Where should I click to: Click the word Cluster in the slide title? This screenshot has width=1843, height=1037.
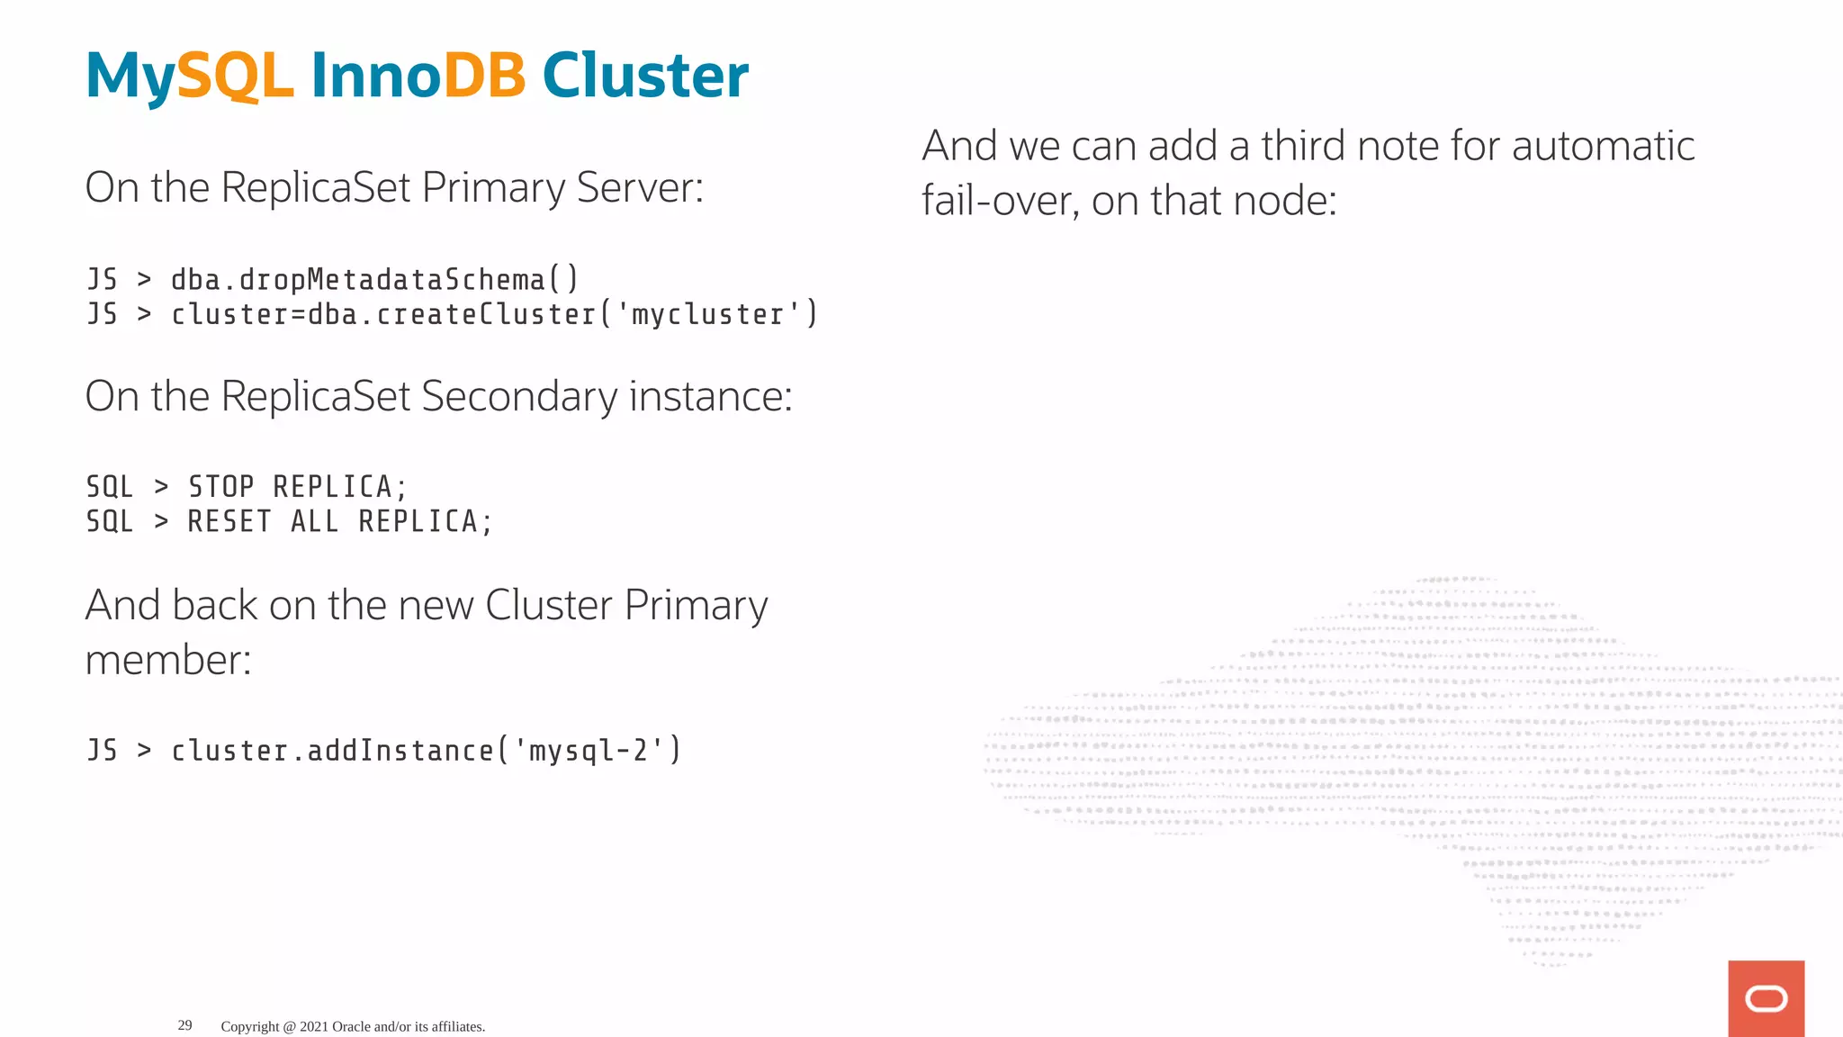tap(644, 76)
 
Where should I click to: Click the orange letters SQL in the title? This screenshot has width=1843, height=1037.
tap(235, 76)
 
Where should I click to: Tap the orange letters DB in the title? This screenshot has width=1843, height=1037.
tap(484, 76)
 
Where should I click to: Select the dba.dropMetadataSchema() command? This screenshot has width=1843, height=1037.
tap(374, 280)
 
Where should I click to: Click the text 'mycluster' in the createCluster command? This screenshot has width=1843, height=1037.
tap(707, 314)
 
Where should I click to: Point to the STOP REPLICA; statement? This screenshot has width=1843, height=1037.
tap(297, 487)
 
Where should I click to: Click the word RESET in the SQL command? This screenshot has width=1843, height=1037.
tap(229, 521)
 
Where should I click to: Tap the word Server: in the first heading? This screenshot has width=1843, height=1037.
tap(640, 188)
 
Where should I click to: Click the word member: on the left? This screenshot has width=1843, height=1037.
tap(168, 660)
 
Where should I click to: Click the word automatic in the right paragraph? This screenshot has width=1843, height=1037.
tap(1603, 146)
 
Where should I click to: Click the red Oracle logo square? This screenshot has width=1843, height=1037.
tap(1766, 998)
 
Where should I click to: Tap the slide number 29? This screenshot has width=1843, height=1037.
tap(184, 1025)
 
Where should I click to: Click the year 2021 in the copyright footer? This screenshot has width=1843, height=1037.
tap(314, 1026)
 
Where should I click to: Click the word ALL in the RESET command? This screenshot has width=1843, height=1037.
tap(314, 521)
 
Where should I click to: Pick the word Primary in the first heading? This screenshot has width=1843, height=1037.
tap(493, 188)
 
